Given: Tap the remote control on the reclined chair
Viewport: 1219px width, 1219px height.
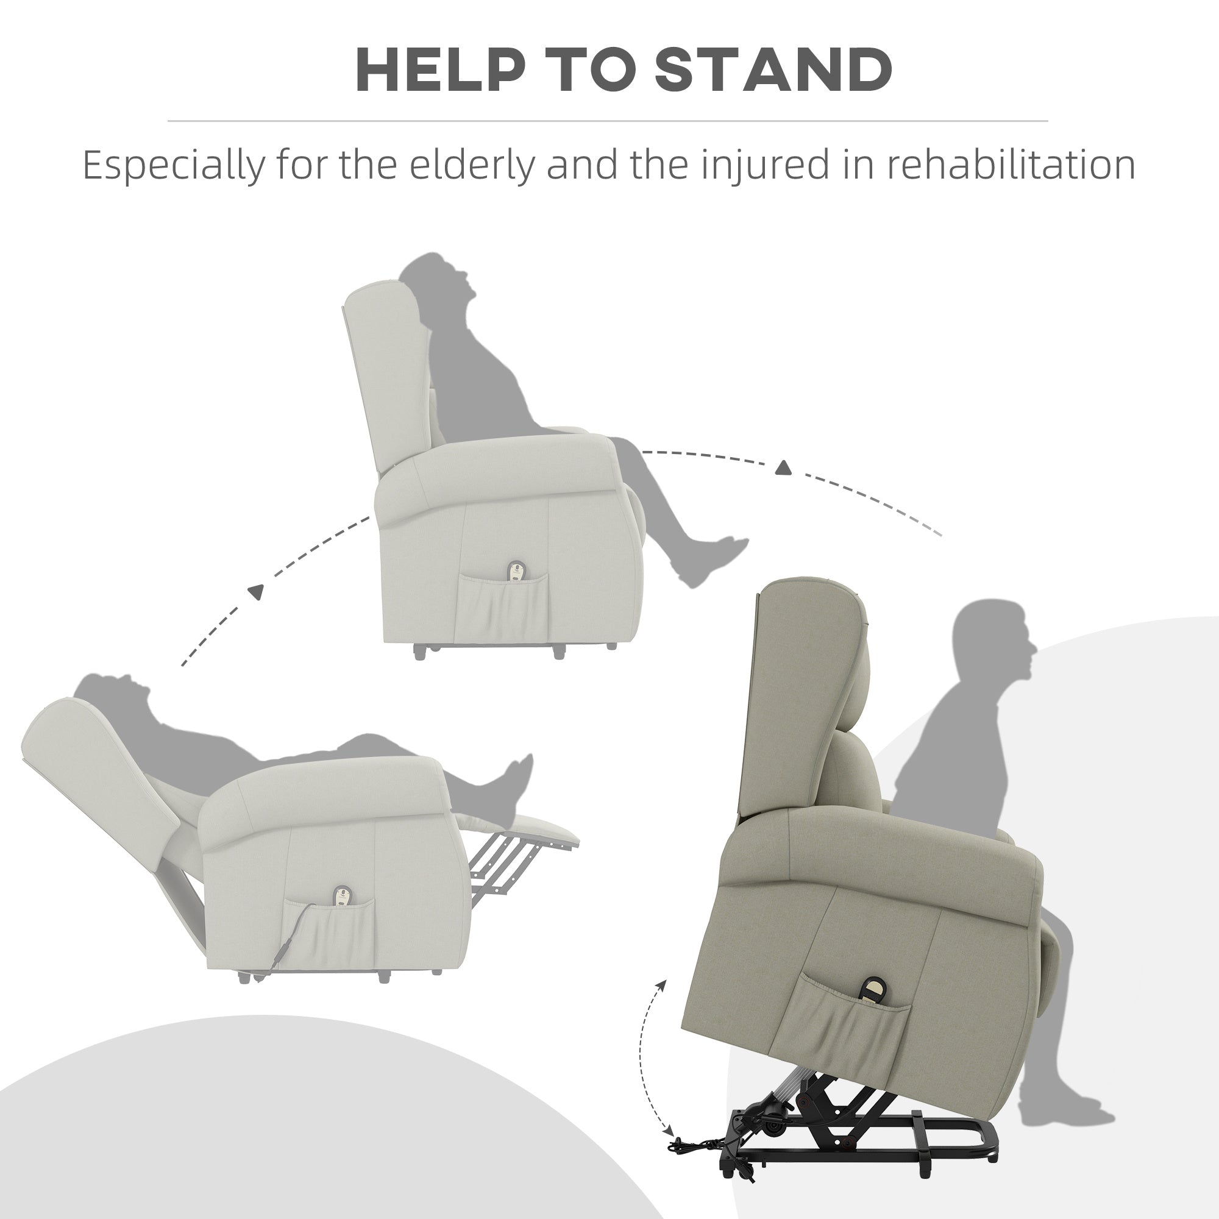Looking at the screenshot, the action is click(x=343, y=898).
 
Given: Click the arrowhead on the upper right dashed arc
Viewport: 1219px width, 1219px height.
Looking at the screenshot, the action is click(x=783, y=467).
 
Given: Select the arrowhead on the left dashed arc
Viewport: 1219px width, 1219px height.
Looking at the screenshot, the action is click(x=255, y=592).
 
